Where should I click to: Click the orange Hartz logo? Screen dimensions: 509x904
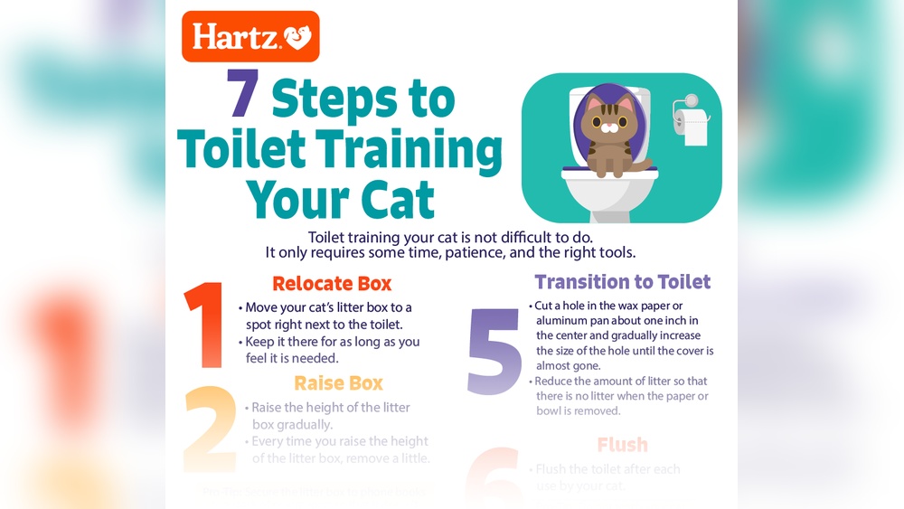250,36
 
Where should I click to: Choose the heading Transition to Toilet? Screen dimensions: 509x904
622,282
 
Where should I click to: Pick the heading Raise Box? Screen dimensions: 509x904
338,382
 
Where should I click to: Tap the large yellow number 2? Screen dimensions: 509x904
210,430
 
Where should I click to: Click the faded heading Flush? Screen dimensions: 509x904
622,445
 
